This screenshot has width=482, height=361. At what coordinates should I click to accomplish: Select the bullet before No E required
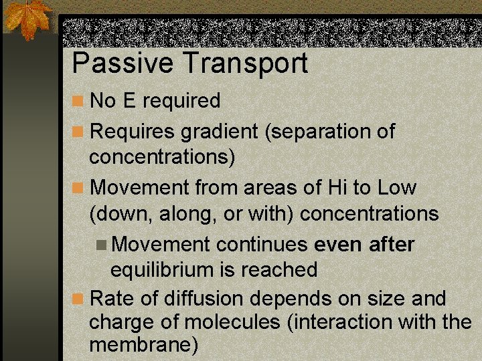[79, 102]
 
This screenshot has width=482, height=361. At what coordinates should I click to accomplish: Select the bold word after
[392, 244]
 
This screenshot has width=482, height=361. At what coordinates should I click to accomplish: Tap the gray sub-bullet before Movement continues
[102, 245]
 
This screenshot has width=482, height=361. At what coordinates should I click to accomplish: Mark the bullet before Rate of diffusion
[79, 298]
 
